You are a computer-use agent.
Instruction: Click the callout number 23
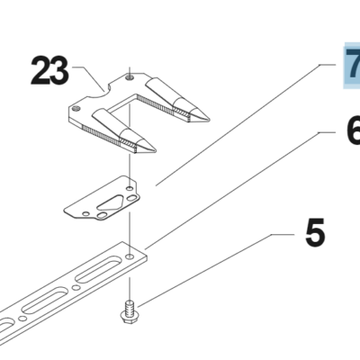49,70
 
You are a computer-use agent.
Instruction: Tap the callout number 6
354,130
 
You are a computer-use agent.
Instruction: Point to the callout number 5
315,232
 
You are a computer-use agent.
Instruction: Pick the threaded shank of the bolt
130,306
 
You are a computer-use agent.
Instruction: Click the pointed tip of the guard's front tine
155,150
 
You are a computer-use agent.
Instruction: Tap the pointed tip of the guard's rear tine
208,119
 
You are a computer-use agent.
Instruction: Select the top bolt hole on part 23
130,77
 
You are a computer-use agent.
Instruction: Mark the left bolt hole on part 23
76,109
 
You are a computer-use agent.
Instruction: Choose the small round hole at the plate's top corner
130,188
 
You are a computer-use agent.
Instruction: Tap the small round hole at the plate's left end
85,213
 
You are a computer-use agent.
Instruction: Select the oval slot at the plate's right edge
131,198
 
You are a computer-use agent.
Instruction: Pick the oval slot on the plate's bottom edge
103,215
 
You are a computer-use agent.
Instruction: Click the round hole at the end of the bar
130,256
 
